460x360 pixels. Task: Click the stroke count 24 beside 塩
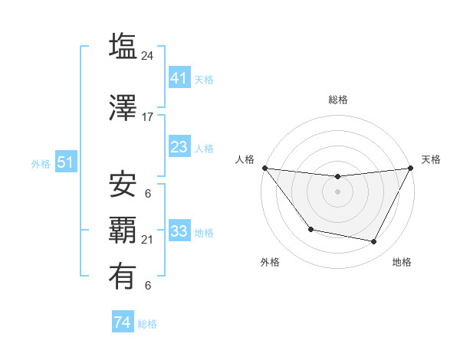point(148,56)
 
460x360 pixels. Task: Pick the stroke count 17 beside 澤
point(148,117)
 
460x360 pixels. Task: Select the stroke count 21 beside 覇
point(148,240)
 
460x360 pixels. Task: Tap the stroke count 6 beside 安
point(148,194)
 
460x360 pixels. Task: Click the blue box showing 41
point(179,78)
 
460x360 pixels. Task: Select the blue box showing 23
point(179,147)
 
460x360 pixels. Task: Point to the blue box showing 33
point(179,231)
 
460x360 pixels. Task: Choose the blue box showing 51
point(65,162)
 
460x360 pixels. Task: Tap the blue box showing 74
point(122,322)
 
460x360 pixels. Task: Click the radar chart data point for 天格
point(411,168)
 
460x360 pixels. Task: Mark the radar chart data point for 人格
point(264,168)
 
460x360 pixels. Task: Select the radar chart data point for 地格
point(374,242)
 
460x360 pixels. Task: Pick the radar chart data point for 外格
point(310,229)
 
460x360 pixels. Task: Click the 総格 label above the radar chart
point(337,100)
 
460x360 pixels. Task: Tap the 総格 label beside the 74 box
point(147,324)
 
